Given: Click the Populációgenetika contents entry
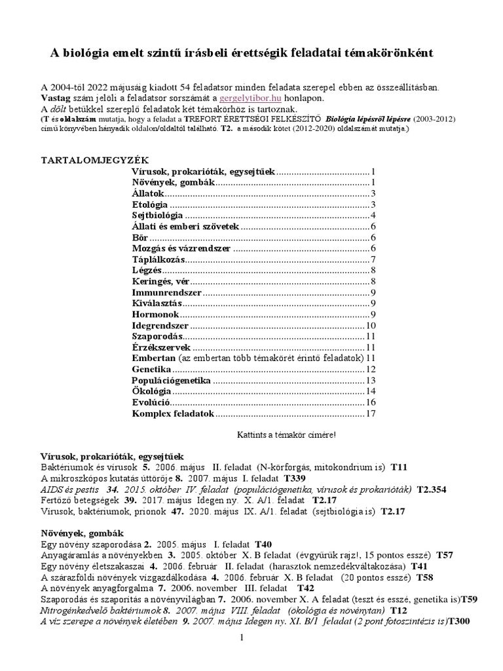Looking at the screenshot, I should coord(171,380).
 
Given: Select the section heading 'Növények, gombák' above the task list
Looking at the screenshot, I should coord(82,533).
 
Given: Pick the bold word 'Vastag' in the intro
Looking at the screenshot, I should coord(56,98).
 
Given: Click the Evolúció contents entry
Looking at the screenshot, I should coord(151,402).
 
